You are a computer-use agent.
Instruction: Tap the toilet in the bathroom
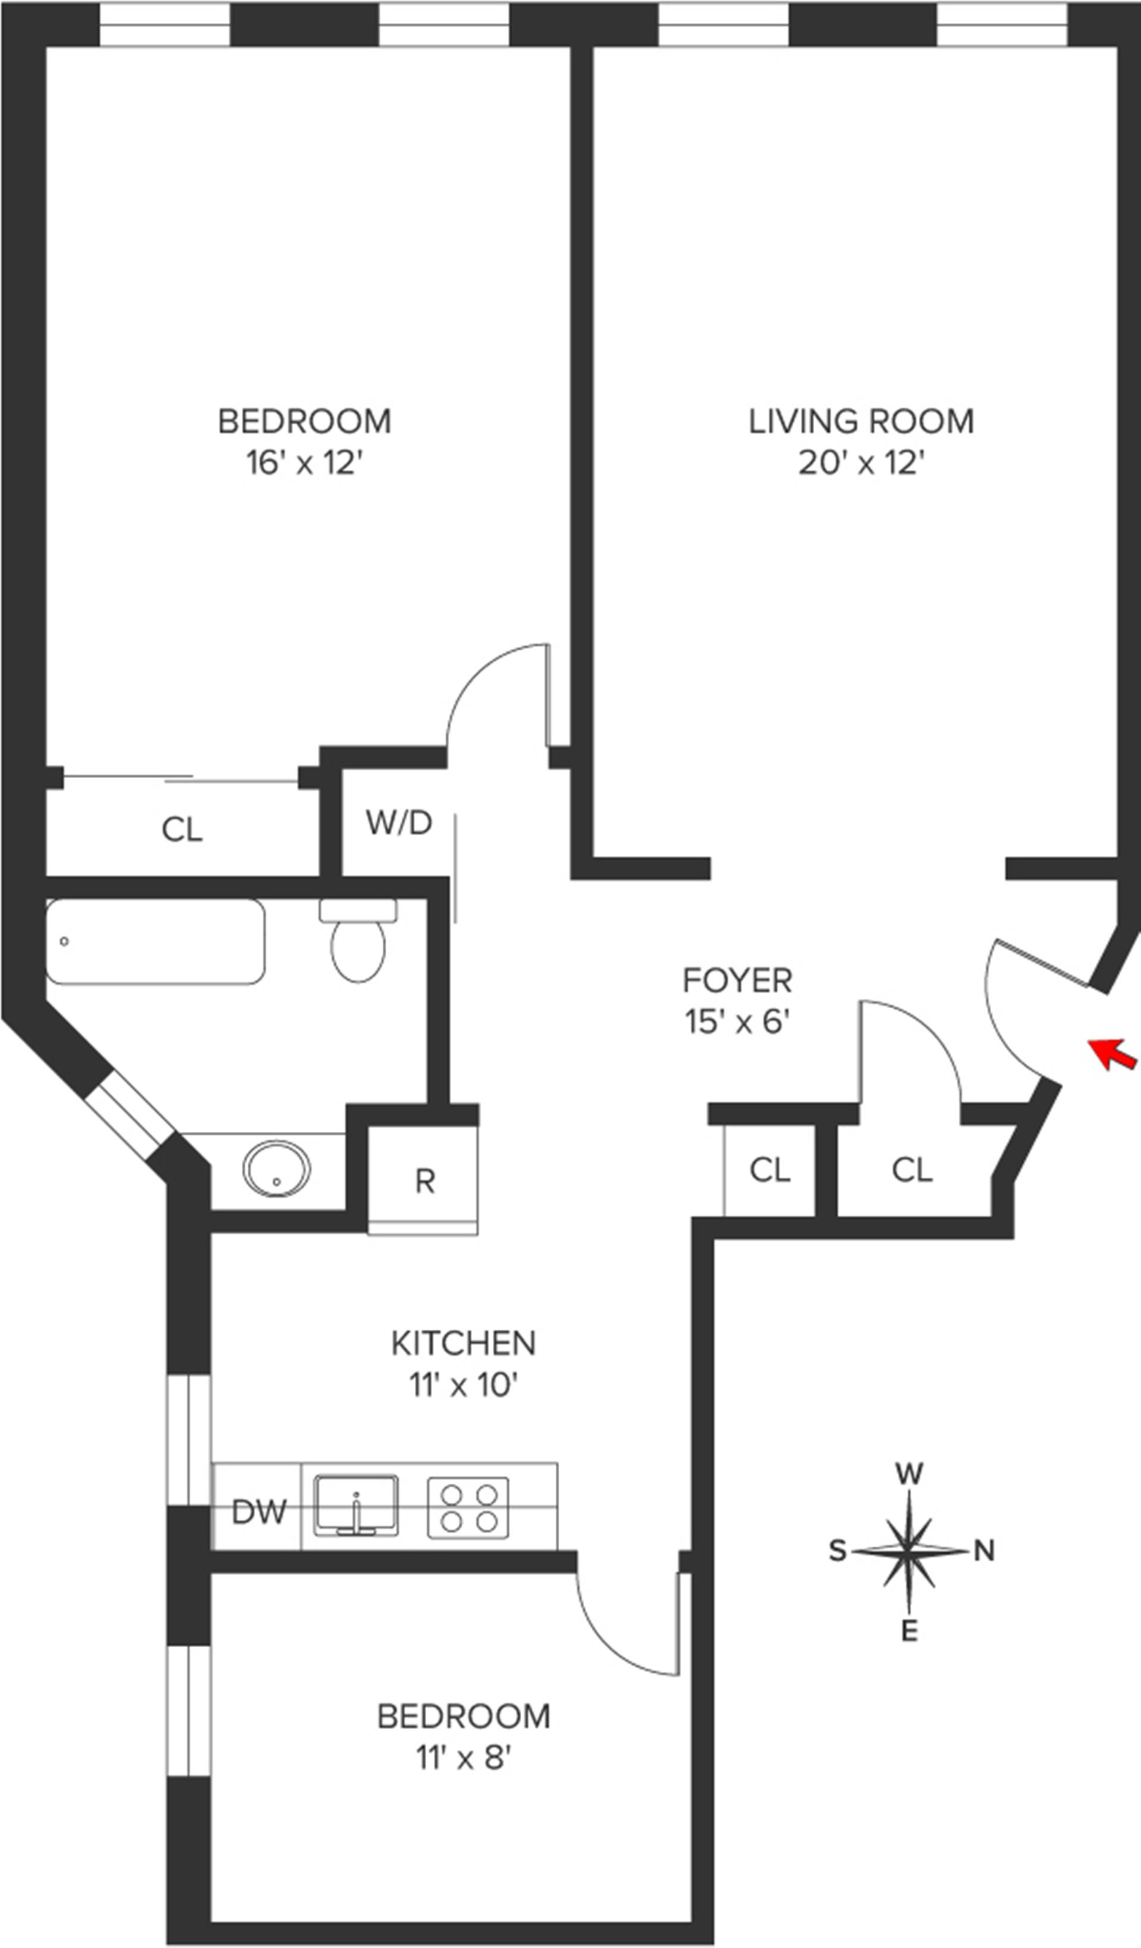click(x=358, y=939)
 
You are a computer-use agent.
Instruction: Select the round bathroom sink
click(x=277, y=1168)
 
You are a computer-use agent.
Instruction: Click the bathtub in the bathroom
click(x=155, y=941)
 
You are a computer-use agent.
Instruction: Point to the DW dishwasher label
click(x=259, y=1512)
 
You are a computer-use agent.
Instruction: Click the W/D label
click(x=399, y=823)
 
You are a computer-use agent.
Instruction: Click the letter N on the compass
click(x=984, y=1551)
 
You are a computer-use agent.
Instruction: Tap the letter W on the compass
click(x=910, y=1474)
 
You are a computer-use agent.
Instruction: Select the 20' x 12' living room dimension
click(x=862, y=463)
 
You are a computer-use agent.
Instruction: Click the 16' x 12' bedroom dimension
click(x=305, y=463)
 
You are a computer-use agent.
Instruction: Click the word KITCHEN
click(x=464, y=1343)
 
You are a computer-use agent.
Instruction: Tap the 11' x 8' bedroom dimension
click(x=464, y=1758)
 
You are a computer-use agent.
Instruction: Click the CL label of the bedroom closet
click(x=182, y=830)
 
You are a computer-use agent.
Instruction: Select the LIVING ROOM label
click(x=861, y=421)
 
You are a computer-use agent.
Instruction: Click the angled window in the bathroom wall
click(x=129, y=1115)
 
